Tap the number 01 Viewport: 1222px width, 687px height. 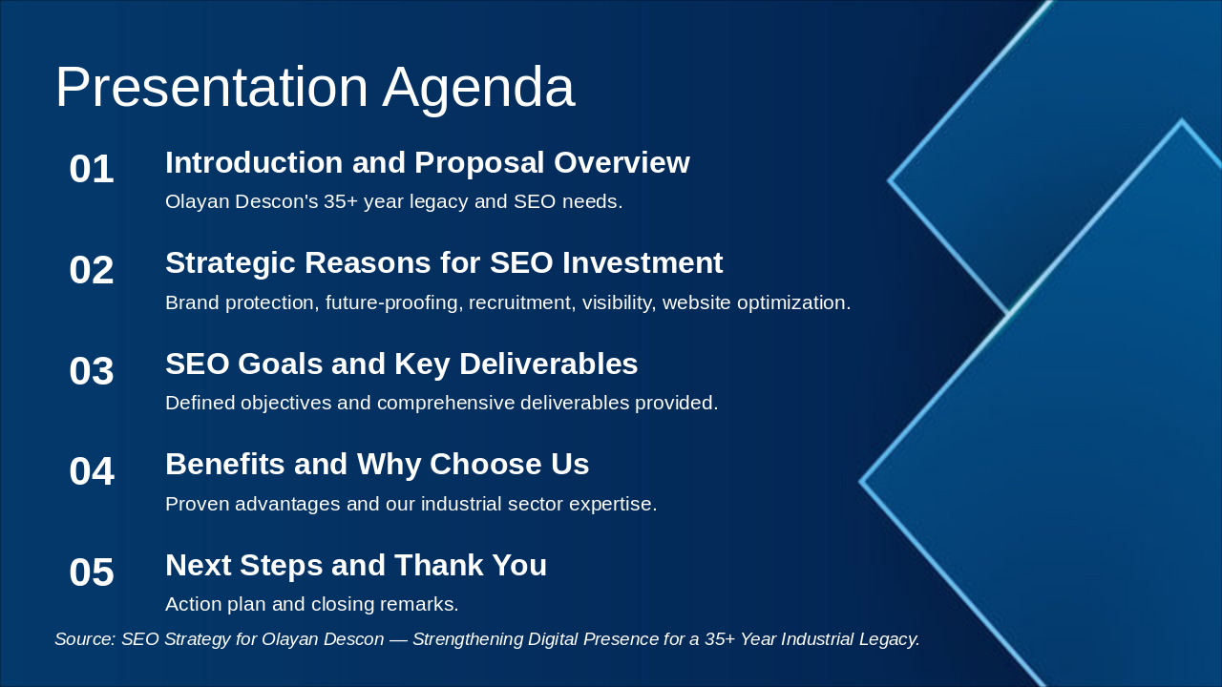point(92,169)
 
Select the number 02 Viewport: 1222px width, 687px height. point(92,270)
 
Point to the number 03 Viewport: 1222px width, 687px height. point(92,371)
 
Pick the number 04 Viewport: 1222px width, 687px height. point(92,471)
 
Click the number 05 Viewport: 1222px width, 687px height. point(92,572)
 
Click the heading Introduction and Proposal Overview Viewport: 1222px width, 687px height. point(428,162)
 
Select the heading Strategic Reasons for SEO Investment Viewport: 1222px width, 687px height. point(444,263)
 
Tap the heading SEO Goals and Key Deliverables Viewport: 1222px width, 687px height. point(402,364)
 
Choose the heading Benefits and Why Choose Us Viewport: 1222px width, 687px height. point(377,464)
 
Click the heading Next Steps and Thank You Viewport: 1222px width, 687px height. point(356,565)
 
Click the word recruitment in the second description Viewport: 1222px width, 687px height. point(519,302)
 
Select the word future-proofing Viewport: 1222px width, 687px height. point(391,303)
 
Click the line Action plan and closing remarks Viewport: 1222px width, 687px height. point(311,605)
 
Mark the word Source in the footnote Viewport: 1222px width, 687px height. point(85,639)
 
